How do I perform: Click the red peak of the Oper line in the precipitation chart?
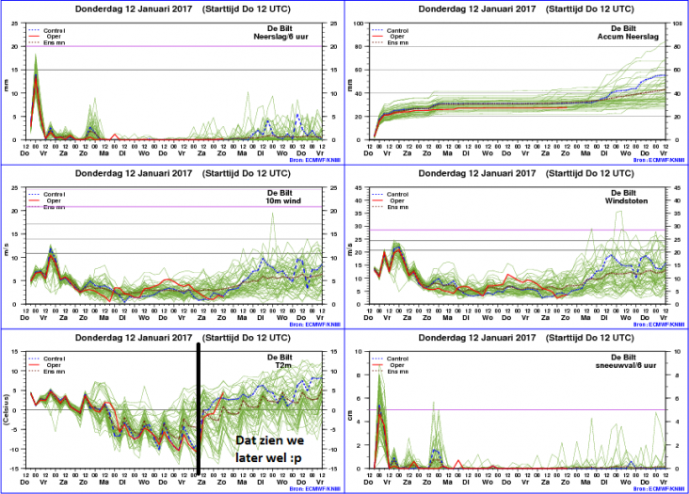click(x=36, y=77)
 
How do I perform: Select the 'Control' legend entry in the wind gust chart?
click(x=399, y=194)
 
